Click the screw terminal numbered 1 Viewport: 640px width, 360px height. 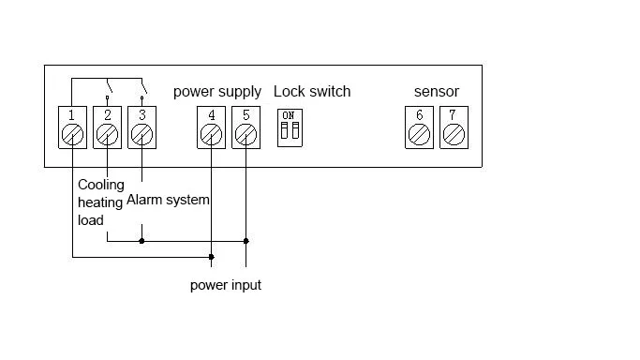pos(73,127)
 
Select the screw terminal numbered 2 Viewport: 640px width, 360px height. pos(108,127)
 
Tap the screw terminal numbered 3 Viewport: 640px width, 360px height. pos(142,127)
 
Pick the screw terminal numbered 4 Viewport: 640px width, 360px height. pos(212,127)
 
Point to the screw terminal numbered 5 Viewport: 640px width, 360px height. pos(246,127)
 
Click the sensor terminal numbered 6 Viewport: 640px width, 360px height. pos(419,127)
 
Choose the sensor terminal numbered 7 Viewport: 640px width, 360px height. pos(454,127)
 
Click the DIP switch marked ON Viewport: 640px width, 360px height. pos(290,127)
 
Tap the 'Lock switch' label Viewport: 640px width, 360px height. pos(312,92)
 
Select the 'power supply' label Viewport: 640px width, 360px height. pos(217,92)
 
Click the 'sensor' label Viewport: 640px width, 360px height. pos(437,92)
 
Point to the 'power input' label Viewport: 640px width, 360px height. pos(226,285)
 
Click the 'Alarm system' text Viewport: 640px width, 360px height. pos(168,200)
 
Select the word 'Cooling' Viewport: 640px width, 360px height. pos(101,185)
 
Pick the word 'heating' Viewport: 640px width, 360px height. pos(100,202)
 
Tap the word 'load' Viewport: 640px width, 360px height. pos(91,220)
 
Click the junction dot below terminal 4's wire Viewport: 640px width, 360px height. pos(212,257)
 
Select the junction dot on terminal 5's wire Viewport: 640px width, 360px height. pos(246,241)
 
